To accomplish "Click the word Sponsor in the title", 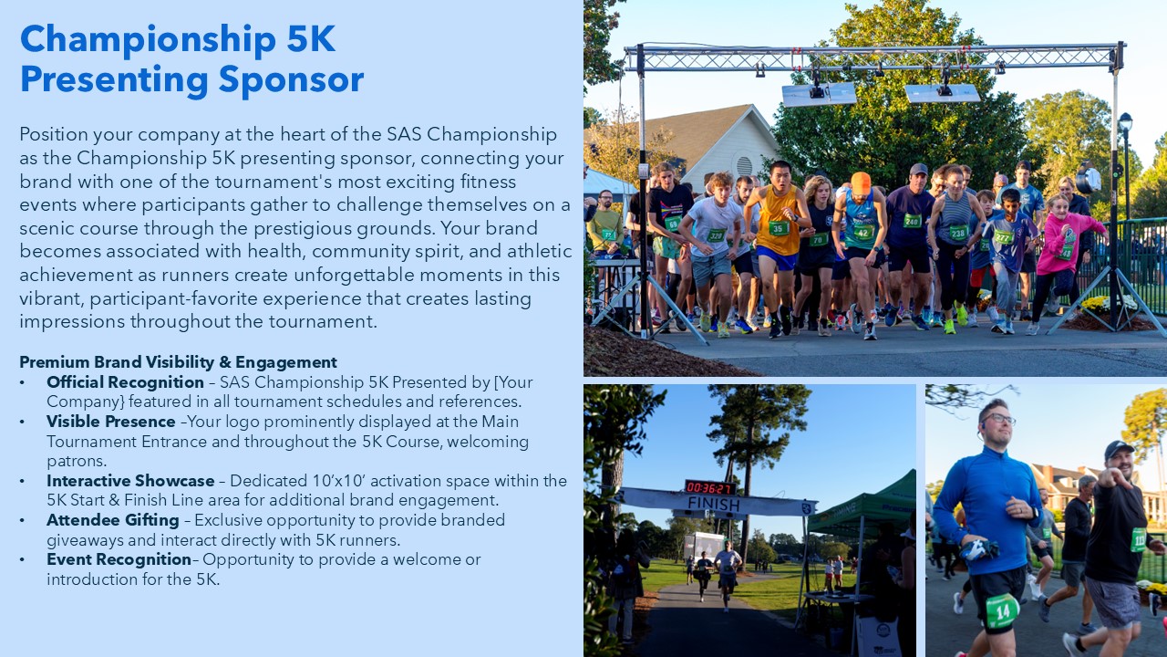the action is (x=291, y=79).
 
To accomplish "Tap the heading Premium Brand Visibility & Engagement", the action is (x=178, y=362).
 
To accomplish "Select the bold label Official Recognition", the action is (x=125, y=382).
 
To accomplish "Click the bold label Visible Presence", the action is (x=111, y=422).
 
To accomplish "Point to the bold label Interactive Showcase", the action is (x=130, y=480).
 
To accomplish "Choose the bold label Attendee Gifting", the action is (x=113, y=520).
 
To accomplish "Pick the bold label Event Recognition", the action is (x=119, y=559).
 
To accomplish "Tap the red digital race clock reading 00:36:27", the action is (x=709, y=487).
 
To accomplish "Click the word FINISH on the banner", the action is (x=713, y=504).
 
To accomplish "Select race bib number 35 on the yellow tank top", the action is (x=779, y=228).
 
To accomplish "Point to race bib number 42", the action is (x=863, y=232).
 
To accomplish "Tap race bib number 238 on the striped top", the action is (x=958, y=233).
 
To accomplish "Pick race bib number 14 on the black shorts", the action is (x=1002, y=610).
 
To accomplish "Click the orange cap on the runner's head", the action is (x=861, y=182).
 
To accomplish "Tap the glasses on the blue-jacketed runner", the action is (x=998, y=419).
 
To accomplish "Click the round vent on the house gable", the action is (x=745, y=166).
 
